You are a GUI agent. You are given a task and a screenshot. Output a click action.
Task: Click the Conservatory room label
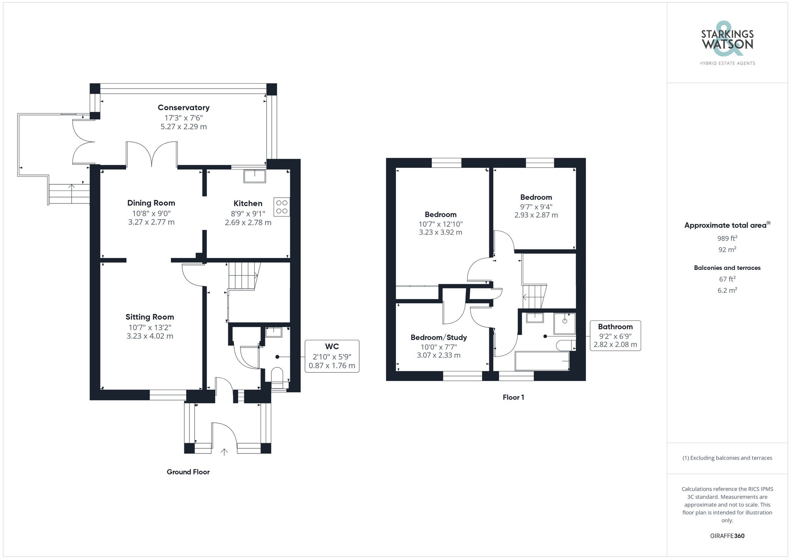(x=184, y=107)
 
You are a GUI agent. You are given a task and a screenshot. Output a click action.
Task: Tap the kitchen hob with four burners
(x=282, y=207)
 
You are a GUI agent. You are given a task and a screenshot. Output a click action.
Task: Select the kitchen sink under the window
(x=255, y=176)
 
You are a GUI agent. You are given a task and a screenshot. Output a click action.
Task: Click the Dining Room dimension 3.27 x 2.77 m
(x=151, y=222)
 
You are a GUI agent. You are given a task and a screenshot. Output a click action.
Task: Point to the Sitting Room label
(x=149, y=317)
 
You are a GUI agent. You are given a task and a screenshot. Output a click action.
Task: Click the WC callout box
(x=332, y=356)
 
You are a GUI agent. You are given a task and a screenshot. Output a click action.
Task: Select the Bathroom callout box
(x=615, y=335)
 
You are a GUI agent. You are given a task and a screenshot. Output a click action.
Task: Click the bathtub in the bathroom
(x=542, y=361)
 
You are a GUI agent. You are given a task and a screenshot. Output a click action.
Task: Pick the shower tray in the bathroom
(x=564, y=323)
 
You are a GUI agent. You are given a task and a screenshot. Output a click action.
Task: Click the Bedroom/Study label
(x=439, y=337)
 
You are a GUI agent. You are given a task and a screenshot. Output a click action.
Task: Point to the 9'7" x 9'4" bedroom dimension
(x=536, y=207)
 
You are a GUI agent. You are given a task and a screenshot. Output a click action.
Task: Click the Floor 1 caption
(x=513, y=397)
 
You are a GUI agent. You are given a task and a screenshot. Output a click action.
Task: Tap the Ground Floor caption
(x=188, y=472)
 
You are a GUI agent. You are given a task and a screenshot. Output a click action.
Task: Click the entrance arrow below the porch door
(x=224, y=452)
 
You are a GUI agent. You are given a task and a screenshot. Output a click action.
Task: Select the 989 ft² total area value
(x=727, y=238)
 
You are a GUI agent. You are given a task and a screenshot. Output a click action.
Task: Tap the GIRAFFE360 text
(x=727, y=536)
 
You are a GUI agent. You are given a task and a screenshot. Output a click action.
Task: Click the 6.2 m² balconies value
(x=727, y=290)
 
